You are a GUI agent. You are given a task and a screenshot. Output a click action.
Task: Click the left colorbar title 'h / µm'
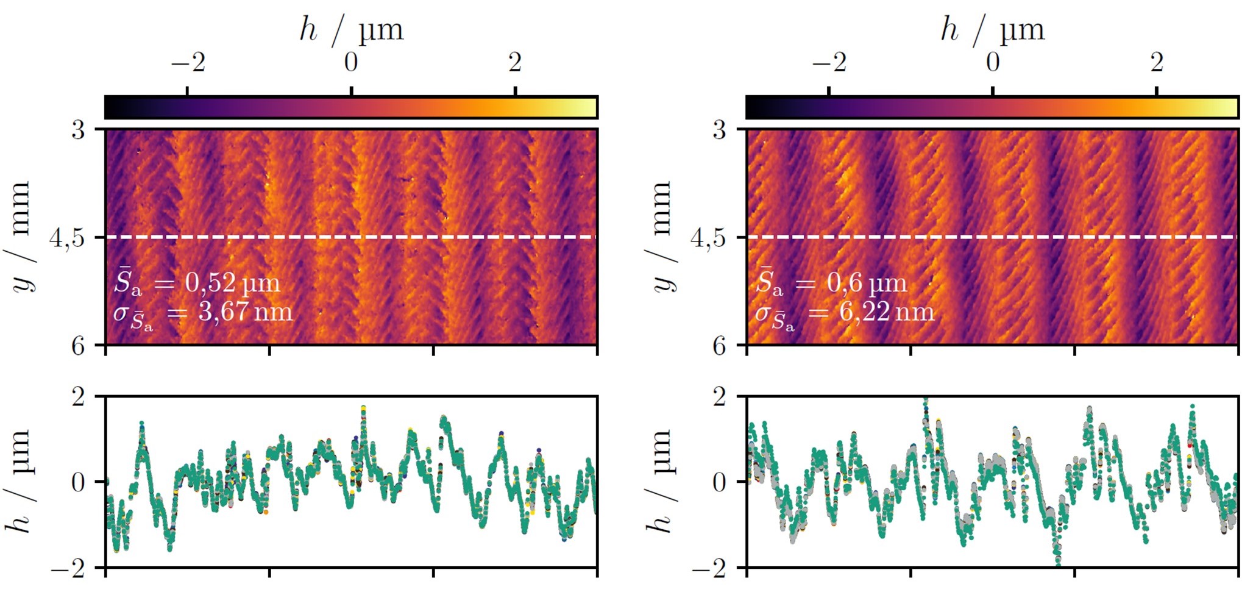(x=352, y=29)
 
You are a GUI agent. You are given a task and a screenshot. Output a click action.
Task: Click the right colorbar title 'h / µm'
(x=993, y=29)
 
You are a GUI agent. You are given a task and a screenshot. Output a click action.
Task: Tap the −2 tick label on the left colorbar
(x=188, y=62)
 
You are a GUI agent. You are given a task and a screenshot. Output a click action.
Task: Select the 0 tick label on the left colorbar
(x=351, y=62)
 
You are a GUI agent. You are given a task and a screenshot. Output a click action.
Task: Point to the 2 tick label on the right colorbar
(x=1157, y=62)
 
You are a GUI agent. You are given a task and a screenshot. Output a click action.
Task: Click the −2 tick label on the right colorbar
(x=829, y=62)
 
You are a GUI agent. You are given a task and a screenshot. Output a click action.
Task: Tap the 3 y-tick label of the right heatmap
(x=720, y=129)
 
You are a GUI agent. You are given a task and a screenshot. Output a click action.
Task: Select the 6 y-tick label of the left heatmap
(x=79, y=346)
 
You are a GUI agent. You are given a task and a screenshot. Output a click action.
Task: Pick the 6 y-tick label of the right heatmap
(x=720, y=346)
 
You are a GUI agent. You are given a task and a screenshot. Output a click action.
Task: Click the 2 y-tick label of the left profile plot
(x=79, y=397)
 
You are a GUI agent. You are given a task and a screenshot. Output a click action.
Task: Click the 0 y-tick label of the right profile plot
(x=720, y=482)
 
